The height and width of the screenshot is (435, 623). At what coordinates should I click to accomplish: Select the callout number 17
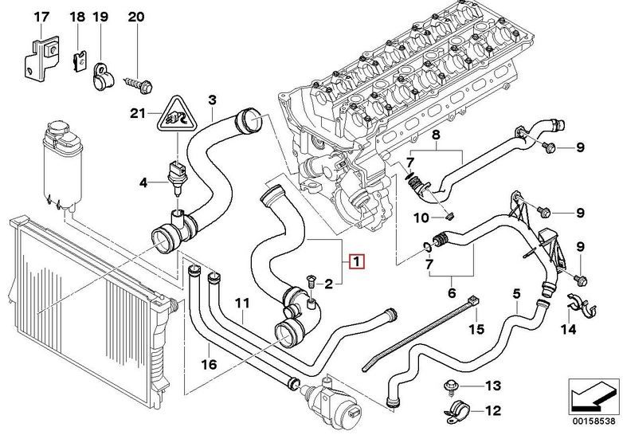click(x=41, y=17)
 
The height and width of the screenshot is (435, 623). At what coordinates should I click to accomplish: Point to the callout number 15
click(x=476, y=327)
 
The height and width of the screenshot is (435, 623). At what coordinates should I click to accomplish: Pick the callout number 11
click(x=242, y=303)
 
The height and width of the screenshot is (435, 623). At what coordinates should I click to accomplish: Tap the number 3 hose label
click(x=212, y=100)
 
